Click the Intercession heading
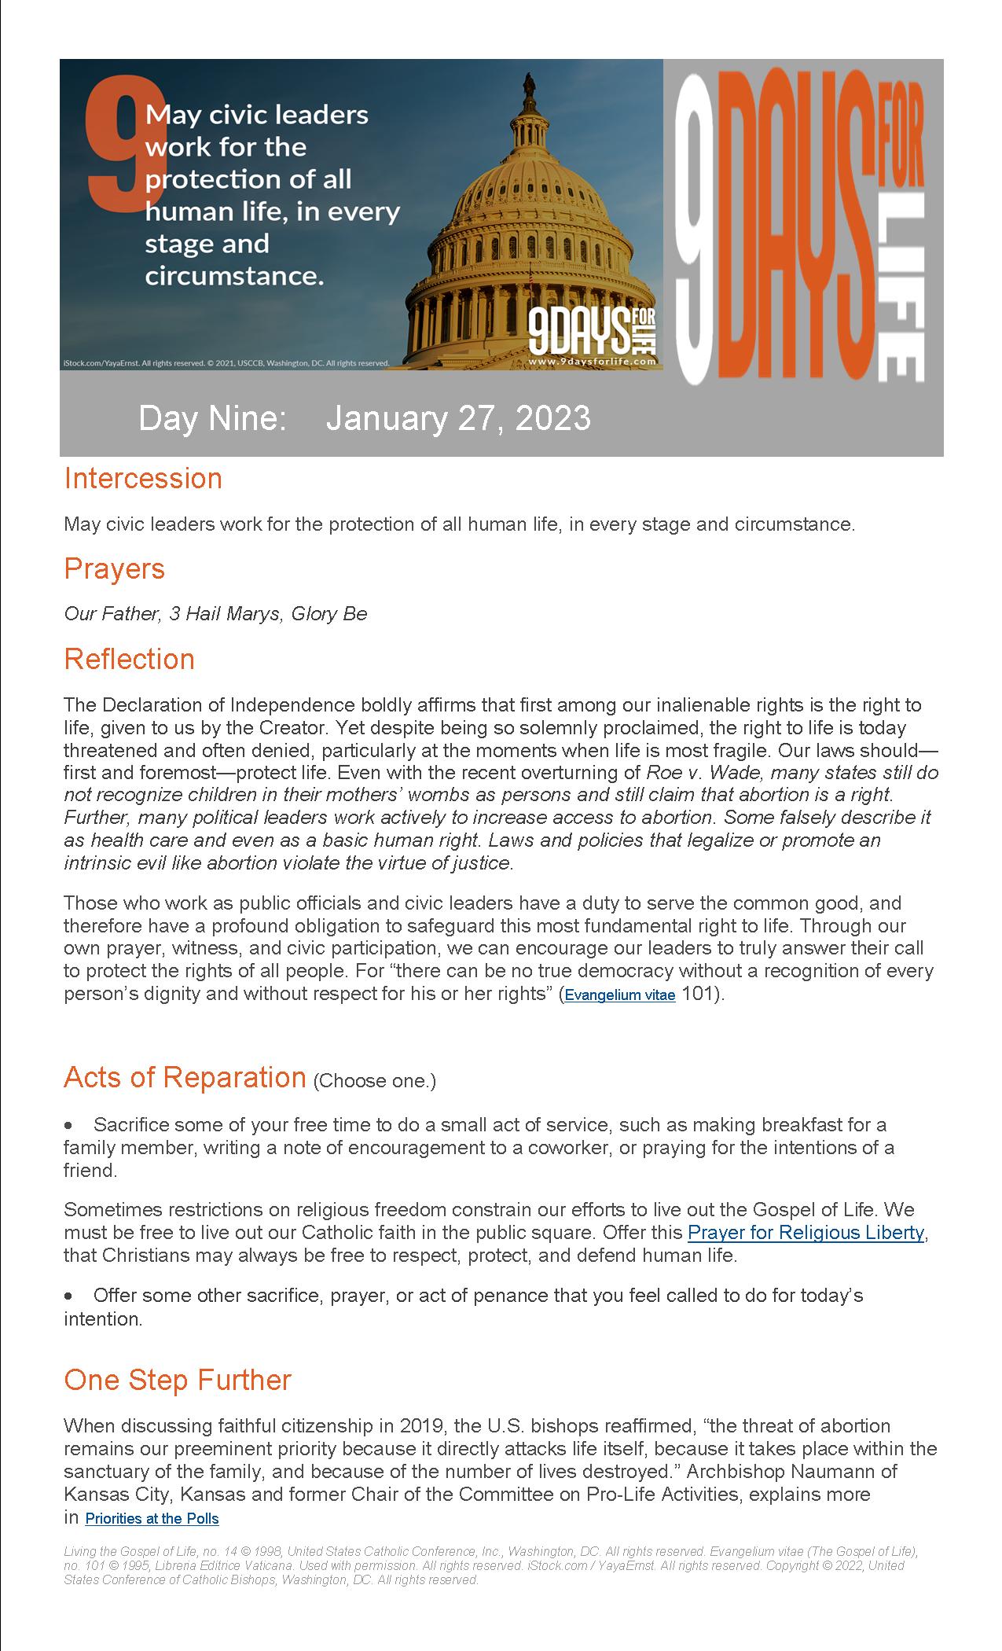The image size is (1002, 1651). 143,478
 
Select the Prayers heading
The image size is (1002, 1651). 114,568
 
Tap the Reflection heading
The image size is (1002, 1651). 129,659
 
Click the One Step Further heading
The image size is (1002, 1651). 178,1380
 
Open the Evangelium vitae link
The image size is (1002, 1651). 620,995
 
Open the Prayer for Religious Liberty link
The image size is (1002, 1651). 806,1232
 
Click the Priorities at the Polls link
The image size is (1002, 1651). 152,1518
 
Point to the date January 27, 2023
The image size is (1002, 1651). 458,418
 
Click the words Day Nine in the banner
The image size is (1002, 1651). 212,418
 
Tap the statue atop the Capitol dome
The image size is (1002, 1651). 529,81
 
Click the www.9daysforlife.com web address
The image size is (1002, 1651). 592,362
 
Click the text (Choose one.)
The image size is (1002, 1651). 374,1081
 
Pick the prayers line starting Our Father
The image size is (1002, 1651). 215,613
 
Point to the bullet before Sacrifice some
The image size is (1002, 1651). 69,1126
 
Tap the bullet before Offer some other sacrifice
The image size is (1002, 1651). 69,1296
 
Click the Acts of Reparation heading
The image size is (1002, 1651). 185,1077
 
